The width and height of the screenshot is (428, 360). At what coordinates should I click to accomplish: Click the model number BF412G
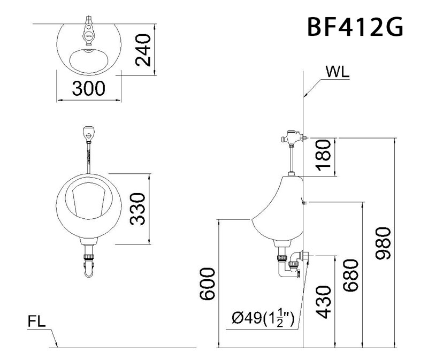click(355, 27)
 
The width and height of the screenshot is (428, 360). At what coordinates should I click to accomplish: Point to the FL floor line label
click(38, 322)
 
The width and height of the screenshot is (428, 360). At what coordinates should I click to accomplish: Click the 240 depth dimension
click(143, 50)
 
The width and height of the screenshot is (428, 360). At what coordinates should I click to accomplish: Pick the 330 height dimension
click(139, 209)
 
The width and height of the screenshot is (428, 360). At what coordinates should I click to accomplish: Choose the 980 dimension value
click(383, 243)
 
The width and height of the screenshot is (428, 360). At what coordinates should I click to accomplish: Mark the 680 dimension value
click(351, 276)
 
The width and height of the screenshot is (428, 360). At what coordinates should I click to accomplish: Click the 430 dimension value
click(324, 302)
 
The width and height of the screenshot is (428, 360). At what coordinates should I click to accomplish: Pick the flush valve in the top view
click(90, 31)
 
